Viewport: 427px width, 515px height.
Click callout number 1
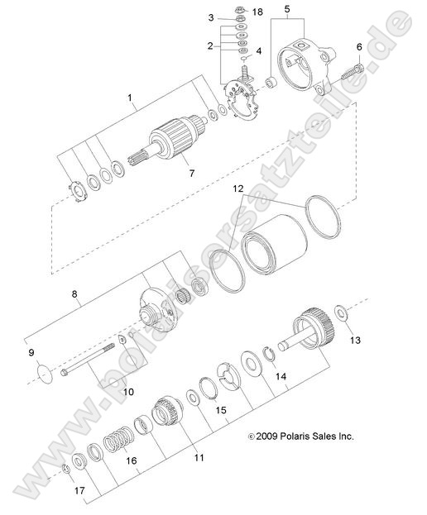(x=130, y=99)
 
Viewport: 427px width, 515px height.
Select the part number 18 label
(x=257, y=12)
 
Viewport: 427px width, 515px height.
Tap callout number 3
(x=211, y=17)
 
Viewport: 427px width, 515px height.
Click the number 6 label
(x=359, y=47)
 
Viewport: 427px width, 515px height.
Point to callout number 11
(x=198, y=457)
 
